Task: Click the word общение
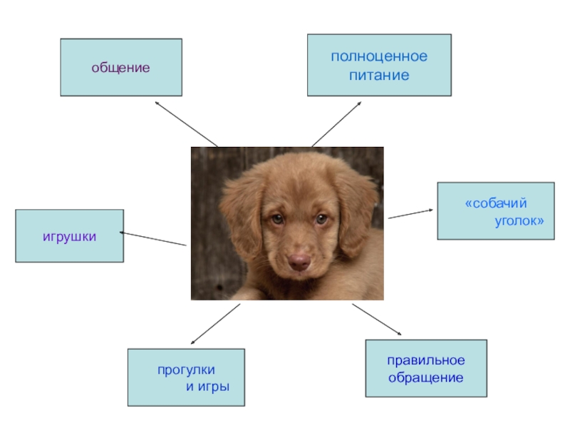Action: coord(120,68)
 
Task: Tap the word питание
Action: coord(379,74)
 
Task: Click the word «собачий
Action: coord(496,204)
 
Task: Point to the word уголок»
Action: coord(519,221)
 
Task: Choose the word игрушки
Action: coord(70,235)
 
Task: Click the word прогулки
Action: coord(186,370)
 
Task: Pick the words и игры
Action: coord(207,387)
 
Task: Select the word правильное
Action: coord(426,360)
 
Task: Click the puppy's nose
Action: coord(299,262)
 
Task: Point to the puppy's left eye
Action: coord(276,220)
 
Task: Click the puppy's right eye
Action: coord(323,220)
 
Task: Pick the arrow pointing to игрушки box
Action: coord(153,239)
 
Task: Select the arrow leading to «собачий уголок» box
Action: coord(410,213)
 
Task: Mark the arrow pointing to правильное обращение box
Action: coord(378,319)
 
